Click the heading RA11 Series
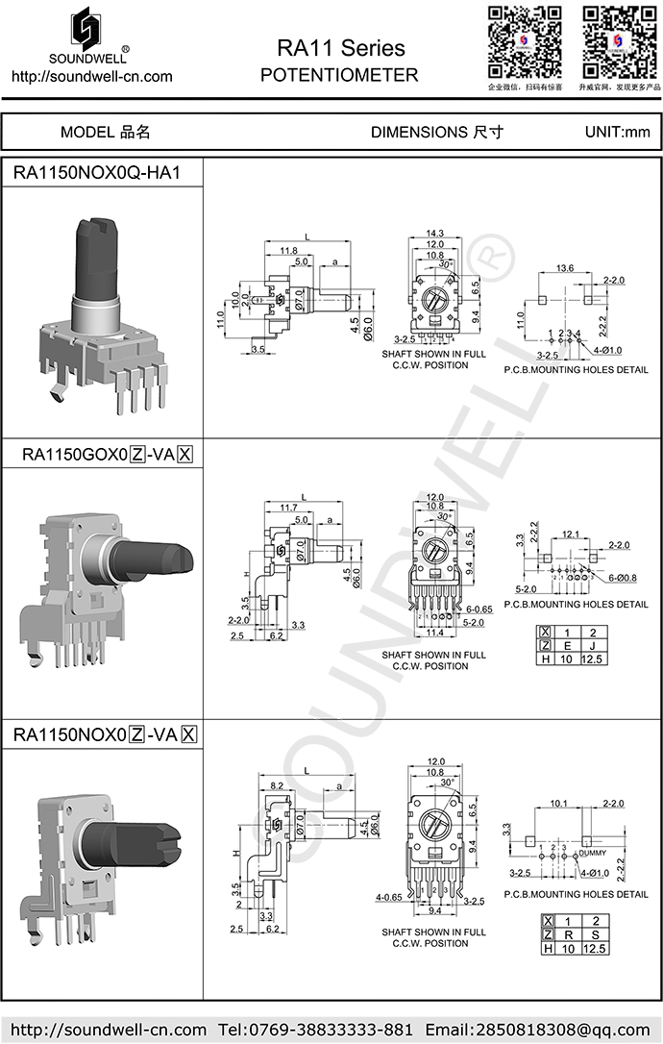pos(340,47)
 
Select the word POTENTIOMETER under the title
pos(339,75)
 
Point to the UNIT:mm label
pos(618,132)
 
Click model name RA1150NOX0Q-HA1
pos(95,173)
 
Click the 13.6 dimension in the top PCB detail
pos(565,268)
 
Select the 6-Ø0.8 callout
pos(628,578)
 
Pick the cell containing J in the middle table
pos(594,645)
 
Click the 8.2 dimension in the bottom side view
pos(277,786)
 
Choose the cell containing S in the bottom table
pos(595,934)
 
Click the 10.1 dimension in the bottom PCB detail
pos(558,804)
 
